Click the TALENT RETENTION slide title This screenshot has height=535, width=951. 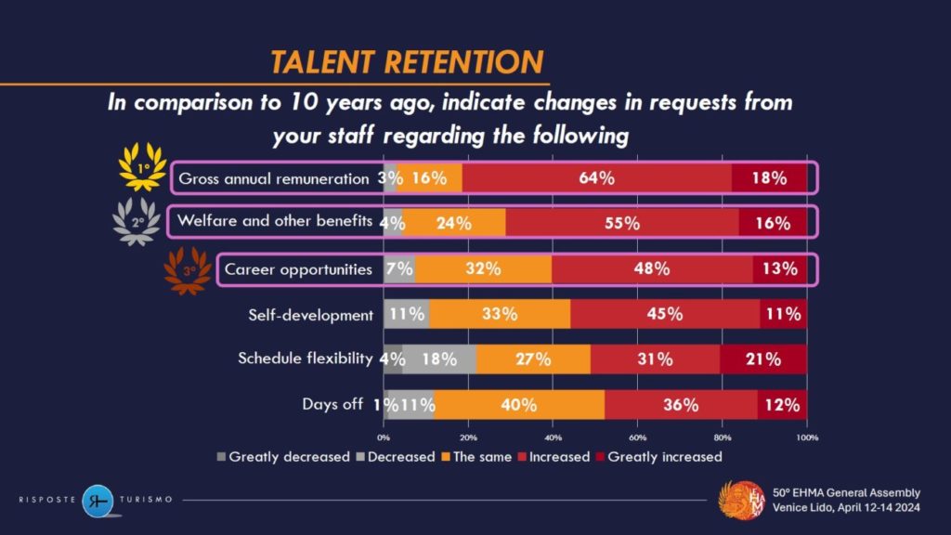[x=406, y=62]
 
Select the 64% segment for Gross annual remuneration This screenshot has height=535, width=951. [x=596, y=177]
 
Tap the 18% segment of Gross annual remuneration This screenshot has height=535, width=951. [x=770, y=177]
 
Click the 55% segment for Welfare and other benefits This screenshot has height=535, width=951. [x=622, y=223]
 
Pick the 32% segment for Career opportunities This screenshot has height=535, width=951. [x=483, y=269]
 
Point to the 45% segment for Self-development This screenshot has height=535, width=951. [x=664, y=314]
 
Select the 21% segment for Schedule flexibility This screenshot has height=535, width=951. [x=762, y=359]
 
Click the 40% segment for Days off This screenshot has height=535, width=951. [x=518, y=404]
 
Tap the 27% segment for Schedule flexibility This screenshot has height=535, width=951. [x=533, y=359]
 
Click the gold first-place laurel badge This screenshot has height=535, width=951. [x=142, y=170]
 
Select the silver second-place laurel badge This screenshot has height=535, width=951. [x=135, y=221]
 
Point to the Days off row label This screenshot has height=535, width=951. [x=332, y=404]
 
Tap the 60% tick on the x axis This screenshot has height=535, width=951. [x=638, y=436]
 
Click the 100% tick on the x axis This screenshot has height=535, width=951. [x=806, y=436]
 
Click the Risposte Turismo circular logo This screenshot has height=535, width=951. [x=97, y=500]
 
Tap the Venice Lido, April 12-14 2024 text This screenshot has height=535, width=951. [x=846, y=508]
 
